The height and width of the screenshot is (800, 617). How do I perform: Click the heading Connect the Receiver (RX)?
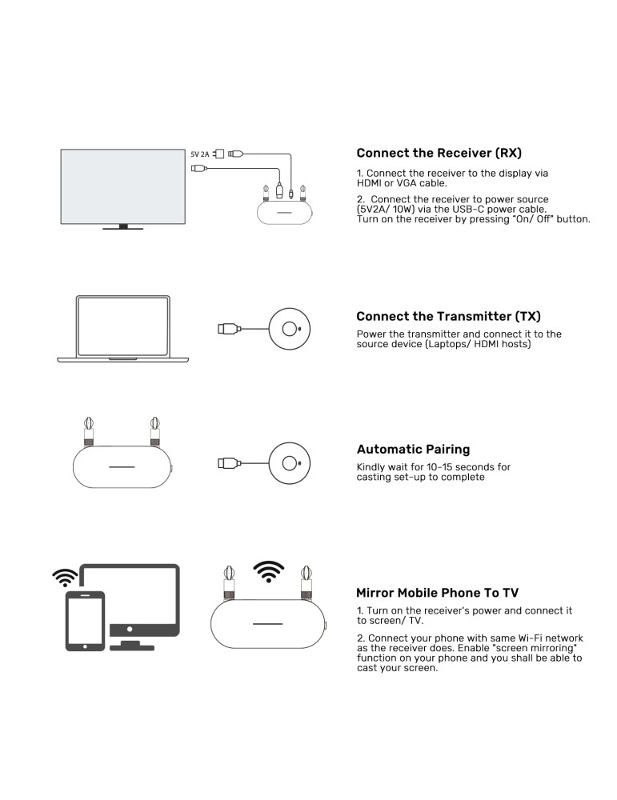[439, 153]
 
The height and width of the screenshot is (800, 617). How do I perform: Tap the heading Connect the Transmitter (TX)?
[449, 316]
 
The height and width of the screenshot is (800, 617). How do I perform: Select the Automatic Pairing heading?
[414, 450]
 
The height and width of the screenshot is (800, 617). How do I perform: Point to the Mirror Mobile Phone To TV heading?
[438, 593]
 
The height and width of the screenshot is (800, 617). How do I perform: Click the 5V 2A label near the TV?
[200, 154]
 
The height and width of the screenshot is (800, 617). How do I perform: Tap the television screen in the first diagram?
[123, 186]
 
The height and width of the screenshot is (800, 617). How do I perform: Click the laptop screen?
[123, 326]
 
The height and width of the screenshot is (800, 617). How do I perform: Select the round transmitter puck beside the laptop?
[290, 329]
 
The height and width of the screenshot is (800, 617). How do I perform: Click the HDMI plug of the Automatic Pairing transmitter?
[229, 463]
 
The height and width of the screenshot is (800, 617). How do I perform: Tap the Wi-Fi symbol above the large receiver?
[268, 571]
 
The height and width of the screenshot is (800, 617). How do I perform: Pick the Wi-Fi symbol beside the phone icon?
[66, 578]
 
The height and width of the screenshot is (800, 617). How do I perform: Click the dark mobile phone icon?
[85, 621]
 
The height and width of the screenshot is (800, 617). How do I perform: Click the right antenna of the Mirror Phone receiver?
[306, 582]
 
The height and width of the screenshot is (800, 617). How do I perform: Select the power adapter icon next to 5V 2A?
[218, 154]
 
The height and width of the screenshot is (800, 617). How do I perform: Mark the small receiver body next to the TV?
[284, 212]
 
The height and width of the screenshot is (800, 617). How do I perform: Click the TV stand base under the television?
[123, 228]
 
